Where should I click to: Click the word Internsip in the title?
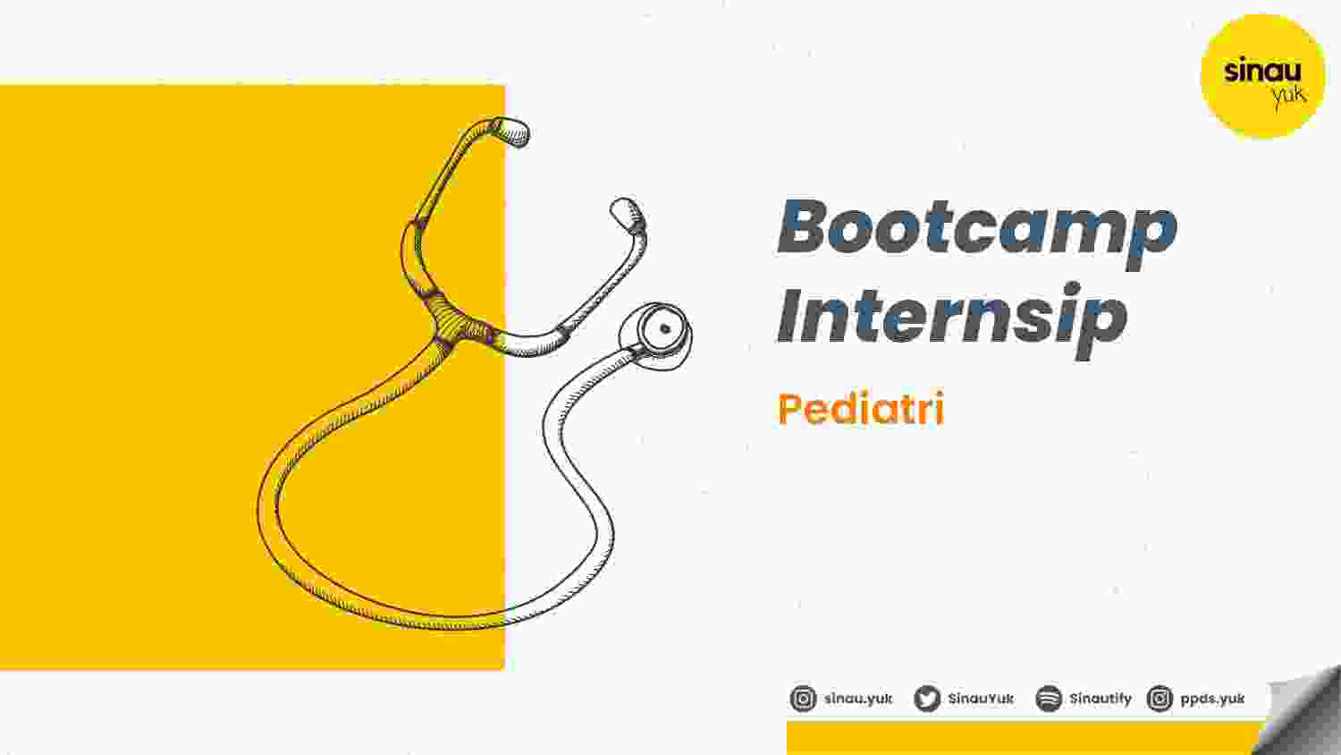coord(952,321)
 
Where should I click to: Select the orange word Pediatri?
coord(861,408)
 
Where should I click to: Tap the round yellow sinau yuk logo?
coord(1262,76)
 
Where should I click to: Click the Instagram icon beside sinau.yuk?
coord(803,699)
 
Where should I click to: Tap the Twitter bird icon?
coord(927,699)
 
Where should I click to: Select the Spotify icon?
coord(1049,699)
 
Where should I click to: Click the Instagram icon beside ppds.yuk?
coord(1160,699)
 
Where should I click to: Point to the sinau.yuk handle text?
coord(858,699)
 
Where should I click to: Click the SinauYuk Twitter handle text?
coord(982,699)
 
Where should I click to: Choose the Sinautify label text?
coord(1101,699)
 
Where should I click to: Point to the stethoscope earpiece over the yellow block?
coord(512,131)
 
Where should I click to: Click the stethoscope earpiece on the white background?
coord(628,215)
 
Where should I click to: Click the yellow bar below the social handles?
coord(1024,738)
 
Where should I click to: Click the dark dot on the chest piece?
coord(664,328)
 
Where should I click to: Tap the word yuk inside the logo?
coord(1289,96)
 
